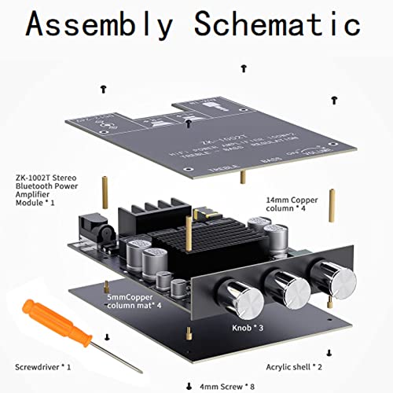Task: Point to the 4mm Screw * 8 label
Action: pyautogui.click(x=233, y=386)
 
